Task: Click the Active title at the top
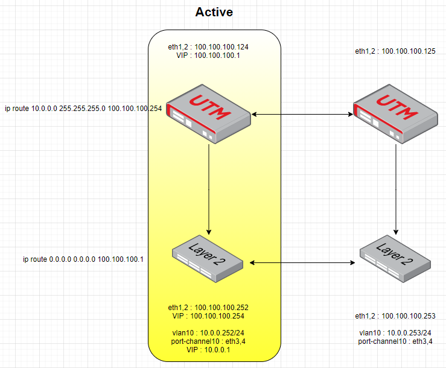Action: point(214,12)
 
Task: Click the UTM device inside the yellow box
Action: point(208,114)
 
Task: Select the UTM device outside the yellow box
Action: point(396,114)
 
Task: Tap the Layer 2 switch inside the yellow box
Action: point(208,259)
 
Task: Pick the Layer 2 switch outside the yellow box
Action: point(395,259)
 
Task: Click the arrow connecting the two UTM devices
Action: point(302,115)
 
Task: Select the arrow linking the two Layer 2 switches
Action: point(302,263)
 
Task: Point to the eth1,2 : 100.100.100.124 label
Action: point(208,47)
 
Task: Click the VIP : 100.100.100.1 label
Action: point(208,56)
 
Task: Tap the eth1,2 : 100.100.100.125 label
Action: point(395,51)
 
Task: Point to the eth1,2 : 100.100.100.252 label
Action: point(208,308)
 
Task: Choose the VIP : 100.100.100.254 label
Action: point(208,316)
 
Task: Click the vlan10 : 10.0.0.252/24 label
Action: point(208,333)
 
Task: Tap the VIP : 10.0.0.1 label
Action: point(208,350)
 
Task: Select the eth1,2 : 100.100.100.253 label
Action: point(395,316)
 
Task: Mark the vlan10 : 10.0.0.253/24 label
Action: point(395,333)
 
